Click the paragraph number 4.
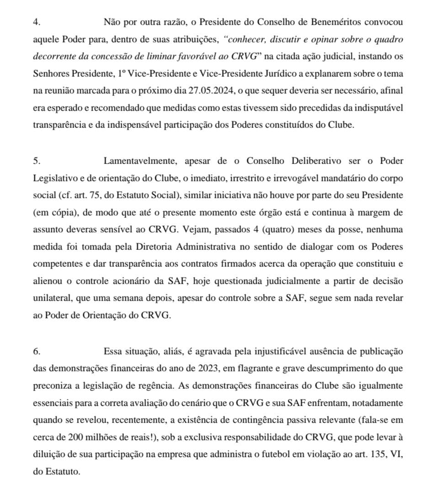point(36,21)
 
